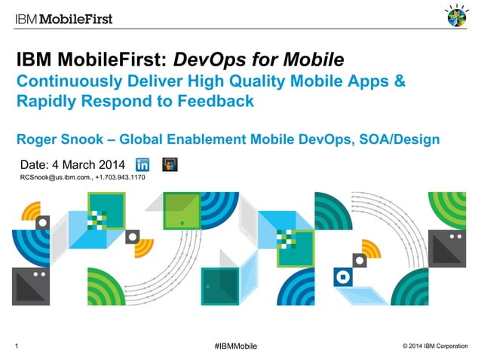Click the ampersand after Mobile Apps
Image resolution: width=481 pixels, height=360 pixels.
[399, 81]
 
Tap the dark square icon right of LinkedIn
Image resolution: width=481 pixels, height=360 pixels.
[170, 164]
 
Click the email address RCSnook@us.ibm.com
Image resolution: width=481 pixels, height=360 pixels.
[55, 178]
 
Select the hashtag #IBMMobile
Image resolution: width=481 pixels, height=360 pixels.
[235, 346]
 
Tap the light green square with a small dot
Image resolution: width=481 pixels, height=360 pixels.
[182, 210]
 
